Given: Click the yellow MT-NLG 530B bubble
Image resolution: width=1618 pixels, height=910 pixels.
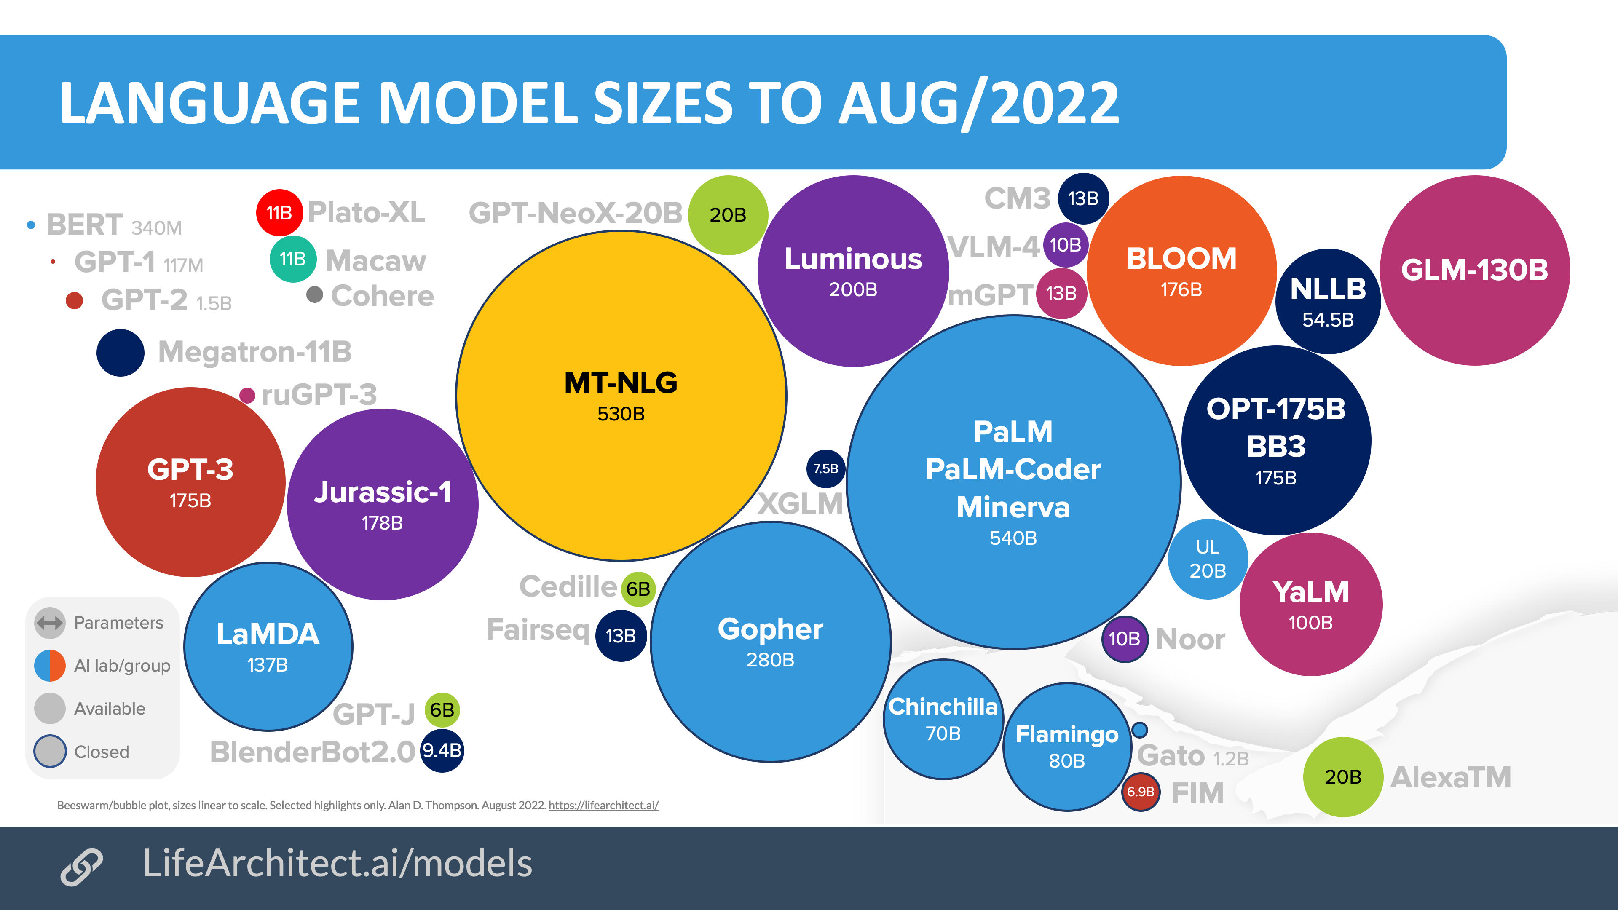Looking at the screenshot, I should click(621, 396).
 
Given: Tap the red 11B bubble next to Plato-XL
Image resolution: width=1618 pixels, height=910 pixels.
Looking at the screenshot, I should click(279, 213).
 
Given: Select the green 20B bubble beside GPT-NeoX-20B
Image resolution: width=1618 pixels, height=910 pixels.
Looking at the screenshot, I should click(728, 215).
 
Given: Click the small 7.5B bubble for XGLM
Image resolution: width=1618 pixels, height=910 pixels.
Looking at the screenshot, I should click(825, 468).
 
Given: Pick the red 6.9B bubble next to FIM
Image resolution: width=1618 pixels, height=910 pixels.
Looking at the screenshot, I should click(1140, 791).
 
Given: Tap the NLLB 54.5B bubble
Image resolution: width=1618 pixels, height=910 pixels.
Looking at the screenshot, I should click(1328, 302).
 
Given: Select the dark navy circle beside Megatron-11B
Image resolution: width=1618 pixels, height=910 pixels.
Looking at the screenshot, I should click(120, 352).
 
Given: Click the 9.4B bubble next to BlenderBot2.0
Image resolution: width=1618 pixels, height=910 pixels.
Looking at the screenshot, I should click(442, 750).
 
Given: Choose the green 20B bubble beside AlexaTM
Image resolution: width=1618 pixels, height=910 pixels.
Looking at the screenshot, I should click(1343, 777).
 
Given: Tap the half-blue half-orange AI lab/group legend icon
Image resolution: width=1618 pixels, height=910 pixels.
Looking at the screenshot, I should click(50, 666).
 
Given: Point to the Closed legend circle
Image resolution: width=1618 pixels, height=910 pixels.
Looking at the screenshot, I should click(50, 751).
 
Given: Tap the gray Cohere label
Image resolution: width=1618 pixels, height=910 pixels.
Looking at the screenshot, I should click(382, 296).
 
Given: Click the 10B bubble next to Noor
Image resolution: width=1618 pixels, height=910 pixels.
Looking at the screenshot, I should click(1124, 639).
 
